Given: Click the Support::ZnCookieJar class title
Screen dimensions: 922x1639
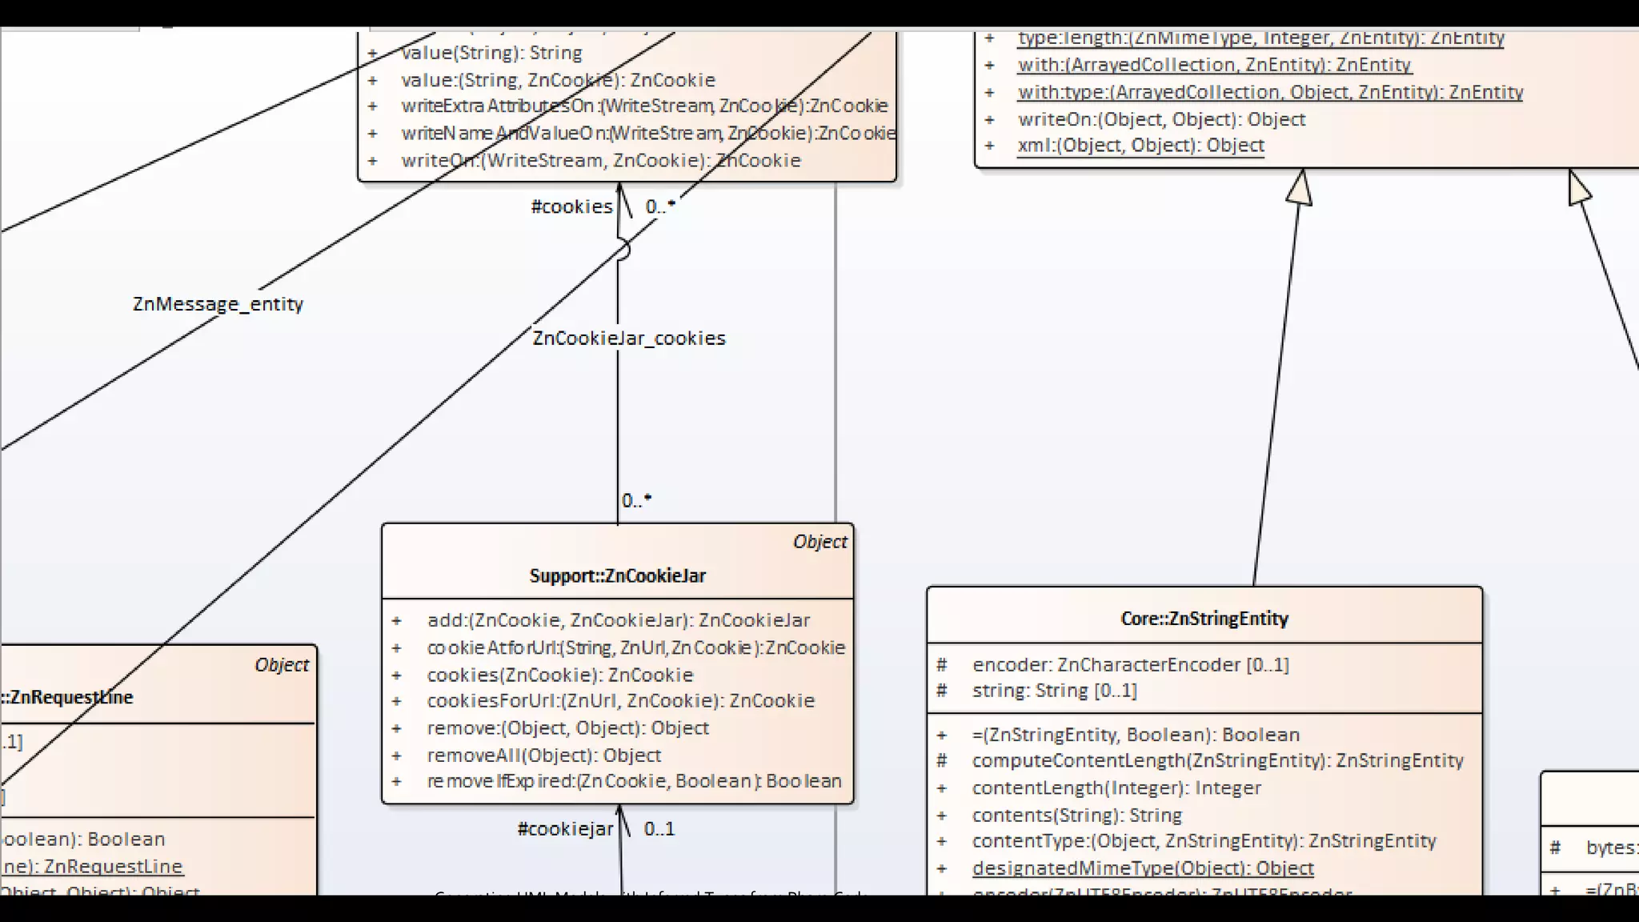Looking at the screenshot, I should pos(617,575).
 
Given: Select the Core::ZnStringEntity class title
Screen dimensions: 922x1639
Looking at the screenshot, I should pos(1204,618).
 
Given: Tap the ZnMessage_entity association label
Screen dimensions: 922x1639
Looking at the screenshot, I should pos(218,304).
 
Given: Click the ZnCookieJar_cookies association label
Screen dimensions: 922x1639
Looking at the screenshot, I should pos(629,339).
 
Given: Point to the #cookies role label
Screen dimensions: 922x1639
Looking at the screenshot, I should pos(571,206).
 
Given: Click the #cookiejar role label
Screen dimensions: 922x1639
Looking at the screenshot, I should pos(565,829).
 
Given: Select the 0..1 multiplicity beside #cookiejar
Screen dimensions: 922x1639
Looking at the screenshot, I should pos(659,829).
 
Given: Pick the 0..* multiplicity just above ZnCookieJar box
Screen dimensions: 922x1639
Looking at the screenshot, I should pos(636,501).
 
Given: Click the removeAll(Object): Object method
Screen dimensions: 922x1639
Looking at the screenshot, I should pos(544,755).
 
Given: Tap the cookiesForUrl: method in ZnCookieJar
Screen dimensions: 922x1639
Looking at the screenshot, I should pos(620,700).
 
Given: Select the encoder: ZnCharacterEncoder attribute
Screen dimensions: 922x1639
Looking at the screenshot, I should pos(1130,664).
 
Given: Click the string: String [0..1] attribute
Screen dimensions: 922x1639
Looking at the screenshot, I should pos(1054,690).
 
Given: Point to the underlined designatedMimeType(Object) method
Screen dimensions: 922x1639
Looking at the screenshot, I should pos(1143,868).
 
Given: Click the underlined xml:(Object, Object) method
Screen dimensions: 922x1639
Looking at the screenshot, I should pos(1140,146).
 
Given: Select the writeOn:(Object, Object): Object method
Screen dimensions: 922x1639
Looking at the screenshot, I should pos(1161,119).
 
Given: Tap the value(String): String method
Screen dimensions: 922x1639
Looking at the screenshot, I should pos(491,53).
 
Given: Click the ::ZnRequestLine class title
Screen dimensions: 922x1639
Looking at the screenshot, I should pos(68,697).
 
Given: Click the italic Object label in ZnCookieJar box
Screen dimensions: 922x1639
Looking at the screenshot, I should pos(819,542).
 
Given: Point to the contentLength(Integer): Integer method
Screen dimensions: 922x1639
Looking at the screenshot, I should pos(1116,788).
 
